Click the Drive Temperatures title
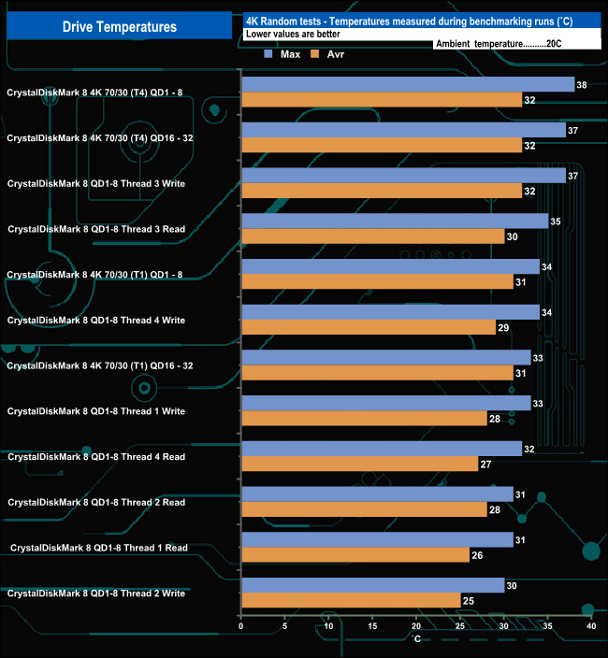tap(119, 26)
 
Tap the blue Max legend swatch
tap(268, 54)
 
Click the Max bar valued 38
tap(407, 85)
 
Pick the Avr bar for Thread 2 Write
tap(351, 600)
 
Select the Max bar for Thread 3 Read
tap(394, 222)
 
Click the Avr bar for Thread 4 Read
tap(359, 464)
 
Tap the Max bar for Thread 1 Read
tap(377, 539)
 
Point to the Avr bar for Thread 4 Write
tap(368, 327)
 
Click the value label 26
tap(478, 555)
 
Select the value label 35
tap(557, 222)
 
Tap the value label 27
tap(486, 465)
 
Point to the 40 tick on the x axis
tap(590, 626)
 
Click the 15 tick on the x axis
tap(372, 626)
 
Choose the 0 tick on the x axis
tap(241, 626)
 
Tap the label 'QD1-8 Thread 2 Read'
tap(96, 502)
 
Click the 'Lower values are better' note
tap(293, 35)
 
